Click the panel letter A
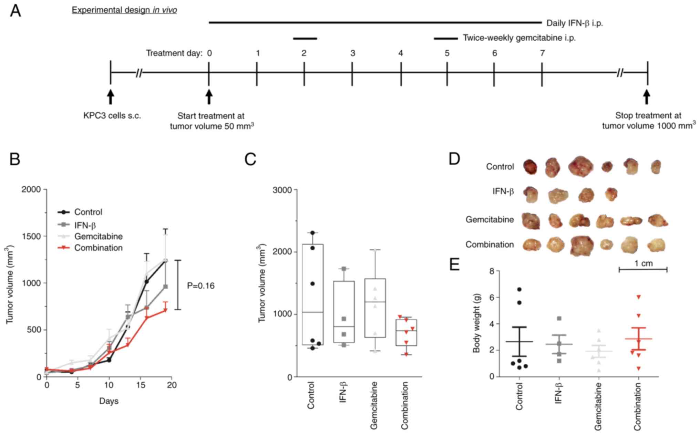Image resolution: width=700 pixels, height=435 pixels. [x=16, y=11]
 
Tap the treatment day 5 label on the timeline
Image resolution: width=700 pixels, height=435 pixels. [x=447, y=53]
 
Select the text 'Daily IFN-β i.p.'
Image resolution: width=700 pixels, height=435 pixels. [x=574, y=23]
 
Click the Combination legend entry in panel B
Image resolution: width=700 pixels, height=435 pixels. [x=98, y=248]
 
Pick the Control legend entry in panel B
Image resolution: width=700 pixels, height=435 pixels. [x=88, y=212]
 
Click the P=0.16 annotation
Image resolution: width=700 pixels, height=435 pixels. [x=200, y=286]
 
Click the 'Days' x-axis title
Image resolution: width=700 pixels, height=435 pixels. [x=109, y=401]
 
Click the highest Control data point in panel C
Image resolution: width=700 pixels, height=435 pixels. [x=312, y=233]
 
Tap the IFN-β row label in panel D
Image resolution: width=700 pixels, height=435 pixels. [x=503, y=191]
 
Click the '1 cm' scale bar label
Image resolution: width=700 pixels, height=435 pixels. [x=644, y=263]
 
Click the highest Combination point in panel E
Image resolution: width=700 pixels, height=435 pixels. [x=638, y=297]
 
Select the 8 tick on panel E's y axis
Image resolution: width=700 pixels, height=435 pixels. [x=492, y=271]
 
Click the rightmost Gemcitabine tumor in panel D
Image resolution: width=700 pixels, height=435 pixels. [x=658, y=220]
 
